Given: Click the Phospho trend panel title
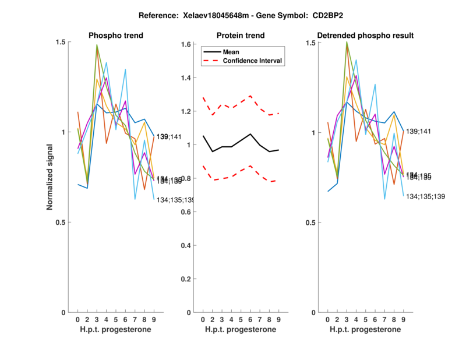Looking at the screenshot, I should point(115,36).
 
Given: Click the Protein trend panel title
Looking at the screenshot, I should point(240,36).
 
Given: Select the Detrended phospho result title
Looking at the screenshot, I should point(365,36).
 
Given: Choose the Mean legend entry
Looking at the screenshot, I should point(231,52).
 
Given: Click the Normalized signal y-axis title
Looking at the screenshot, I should point(51,177).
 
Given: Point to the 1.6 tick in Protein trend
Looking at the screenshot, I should point(187,44).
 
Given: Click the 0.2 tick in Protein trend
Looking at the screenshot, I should point(187,279).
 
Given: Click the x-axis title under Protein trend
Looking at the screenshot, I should point(240,330).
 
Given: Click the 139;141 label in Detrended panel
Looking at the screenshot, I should point(418,132).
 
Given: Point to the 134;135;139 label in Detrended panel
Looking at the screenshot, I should point(425,196).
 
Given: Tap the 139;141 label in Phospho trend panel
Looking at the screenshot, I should point(169,136).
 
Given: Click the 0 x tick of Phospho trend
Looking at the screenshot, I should point(77,319).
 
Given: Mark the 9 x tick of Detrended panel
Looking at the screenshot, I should point(403,319).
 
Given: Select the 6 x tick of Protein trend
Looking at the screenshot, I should point(250,319).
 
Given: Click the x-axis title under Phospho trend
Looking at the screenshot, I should point(115,330).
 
